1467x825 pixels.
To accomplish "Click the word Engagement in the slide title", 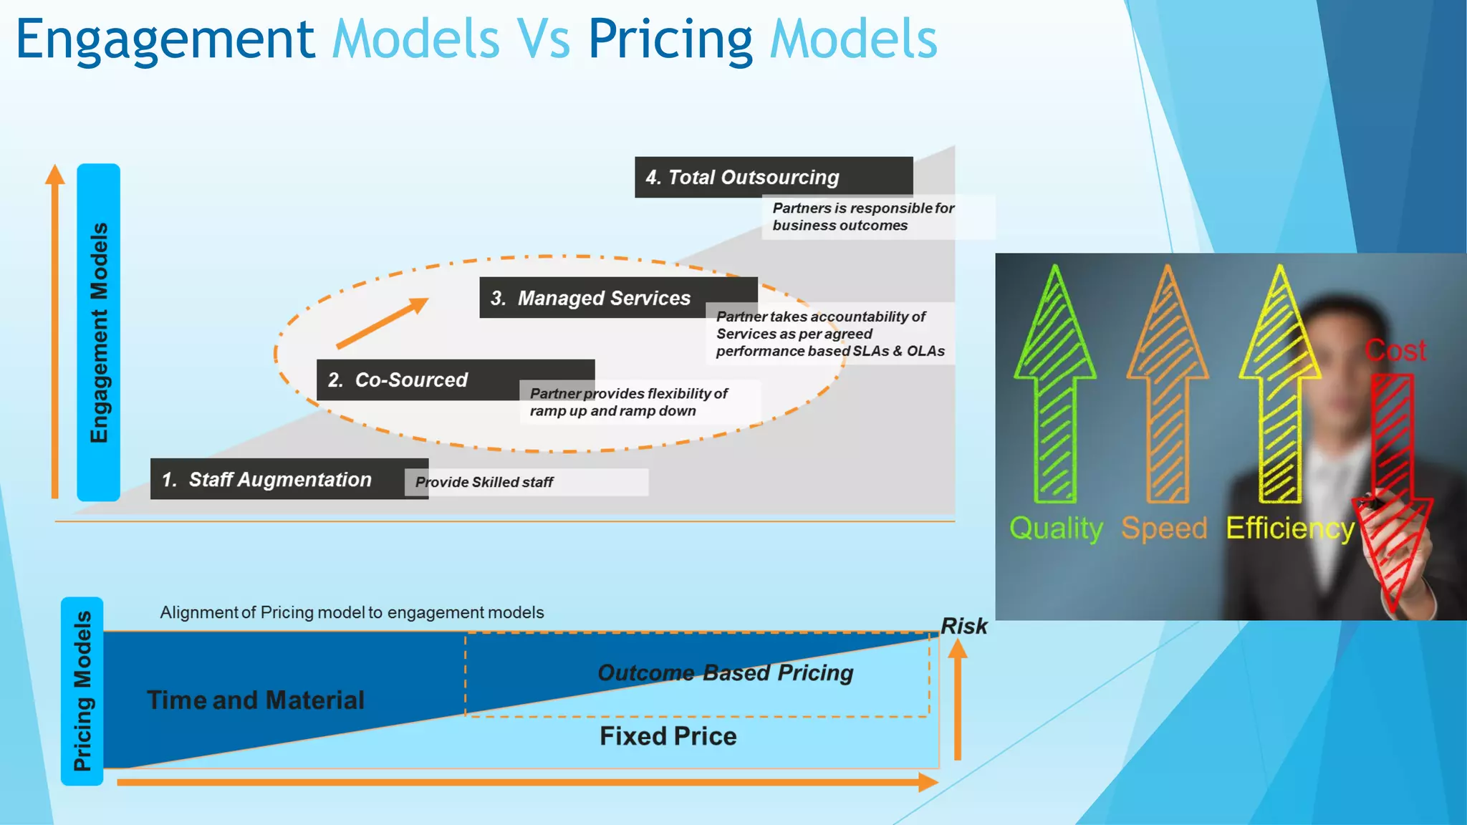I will point(165,39).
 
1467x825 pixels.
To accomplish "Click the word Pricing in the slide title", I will point(670,39).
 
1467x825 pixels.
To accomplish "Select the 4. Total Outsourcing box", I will point(773,177).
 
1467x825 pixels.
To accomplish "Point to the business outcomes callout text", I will point(863,217).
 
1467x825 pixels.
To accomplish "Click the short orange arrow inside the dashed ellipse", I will point(382,324).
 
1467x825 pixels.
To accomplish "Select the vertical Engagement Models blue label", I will point(99,332).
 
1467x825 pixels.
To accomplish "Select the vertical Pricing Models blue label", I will point(82,691).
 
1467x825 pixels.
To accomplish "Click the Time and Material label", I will point(256,700).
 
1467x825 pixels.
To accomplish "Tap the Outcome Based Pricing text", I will point(725,672).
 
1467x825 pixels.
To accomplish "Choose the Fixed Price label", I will point(668,736).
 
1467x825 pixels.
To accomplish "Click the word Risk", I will point(963,626).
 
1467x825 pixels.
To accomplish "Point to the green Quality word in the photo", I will point(1056,529).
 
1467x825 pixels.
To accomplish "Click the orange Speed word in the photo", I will point(1164,529).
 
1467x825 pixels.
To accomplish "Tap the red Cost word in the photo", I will point(1395,350).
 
